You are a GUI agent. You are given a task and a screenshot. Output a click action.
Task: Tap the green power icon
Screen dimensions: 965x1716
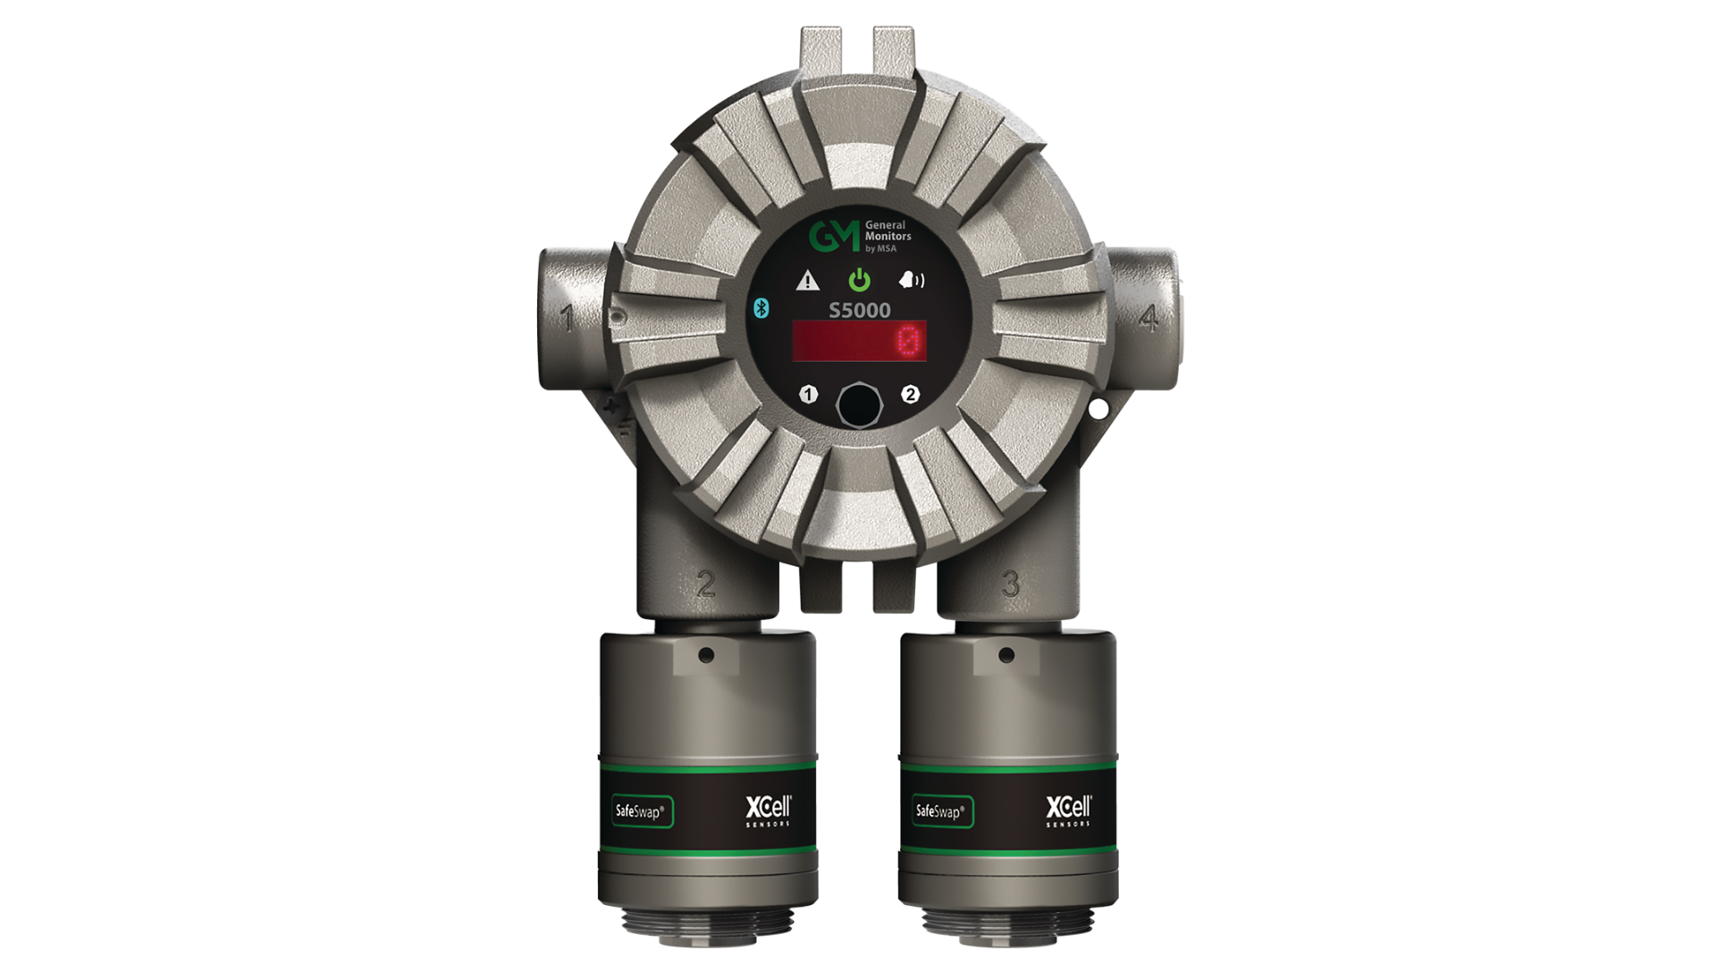859,281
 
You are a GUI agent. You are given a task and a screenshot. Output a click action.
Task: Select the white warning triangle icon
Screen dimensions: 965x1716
807,281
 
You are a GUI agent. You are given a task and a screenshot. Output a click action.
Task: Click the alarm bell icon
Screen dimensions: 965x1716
911,281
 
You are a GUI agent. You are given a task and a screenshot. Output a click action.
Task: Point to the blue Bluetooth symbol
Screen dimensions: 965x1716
761,308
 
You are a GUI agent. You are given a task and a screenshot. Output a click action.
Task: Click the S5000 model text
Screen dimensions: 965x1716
859,310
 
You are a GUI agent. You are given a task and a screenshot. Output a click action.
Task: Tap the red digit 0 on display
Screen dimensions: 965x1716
909,341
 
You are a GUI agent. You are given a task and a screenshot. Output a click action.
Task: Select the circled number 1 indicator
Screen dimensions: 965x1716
809,394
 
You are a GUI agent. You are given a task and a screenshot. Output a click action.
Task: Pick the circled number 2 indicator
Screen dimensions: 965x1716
911,394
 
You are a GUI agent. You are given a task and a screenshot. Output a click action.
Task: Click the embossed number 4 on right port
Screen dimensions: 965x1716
1149,317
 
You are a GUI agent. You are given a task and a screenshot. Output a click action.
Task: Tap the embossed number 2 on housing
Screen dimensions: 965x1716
706,583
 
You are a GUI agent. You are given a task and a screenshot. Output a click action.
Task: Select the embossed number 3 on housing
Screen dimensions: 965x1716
1010,583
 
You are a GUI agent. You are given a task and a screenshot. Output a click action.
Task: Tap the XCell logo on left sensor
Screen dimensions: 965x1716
769,810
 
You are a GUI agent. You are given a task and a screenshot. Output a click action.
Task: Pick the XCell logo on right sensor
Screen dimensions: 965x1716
1069,810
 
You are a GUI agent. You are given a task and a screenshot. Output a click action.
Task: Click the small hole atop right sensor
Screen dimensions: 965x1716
1006,654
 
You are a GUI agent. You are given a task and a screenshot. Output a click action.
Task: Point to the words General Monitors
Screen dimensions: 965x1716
887,231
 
